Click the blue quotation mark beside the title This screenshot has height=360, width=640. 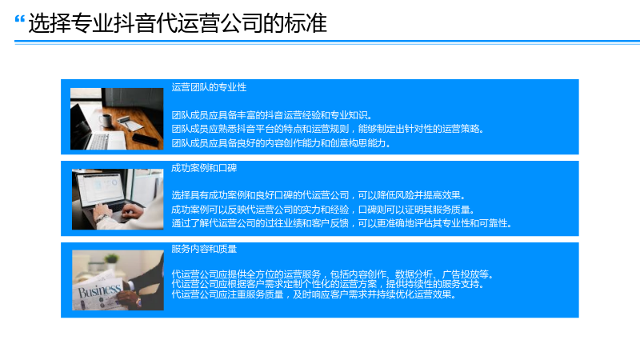point(19,18)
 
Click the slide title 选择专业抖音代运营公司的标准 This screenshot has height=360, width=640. point(178,23)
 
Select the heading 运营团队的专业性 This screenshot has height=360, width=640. point(209,87)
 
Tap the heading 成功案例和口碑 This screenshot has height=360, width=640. point(204,168)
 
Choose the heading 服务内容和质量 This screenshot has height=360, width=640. point(204,249)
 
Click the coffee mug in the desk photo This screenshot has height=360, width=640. point(106,121)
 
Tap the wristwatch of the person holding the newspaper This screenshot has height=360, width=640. point(138,302)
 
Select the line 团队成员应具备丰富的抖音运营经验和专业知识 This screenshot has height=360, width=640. point(271,115)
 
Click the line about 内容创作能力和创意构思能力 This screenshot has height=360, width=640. point(281,143)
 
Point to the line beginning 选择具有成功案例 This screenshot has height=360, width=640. point(318,195)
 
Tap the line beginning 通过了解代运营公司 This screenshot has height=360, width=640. point(342,223)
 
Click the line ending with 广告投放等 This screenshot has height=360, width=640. point(332,274)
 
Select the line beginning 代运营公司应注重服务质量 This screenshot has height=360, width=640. point(314,294)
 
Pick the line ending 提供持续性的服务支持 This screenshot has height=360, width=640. point(327,284)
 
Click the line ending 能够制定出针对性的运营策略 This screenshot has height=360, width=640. point(327,129)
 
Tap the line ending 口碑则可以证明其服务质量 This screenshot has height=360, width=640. point(323,210)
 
